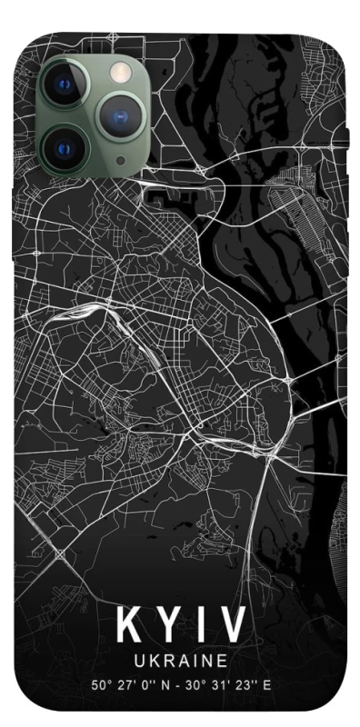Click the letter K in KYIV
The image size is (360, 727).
pyautogui.click(x=128, y=624)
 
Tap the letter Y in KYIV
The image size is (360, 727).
pyautogui.click(x=166, y=624)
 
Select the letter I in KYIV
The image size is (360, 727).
pyautogui.click(x=198, y=624)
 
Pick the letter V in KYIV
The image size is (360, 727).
pyautogui.click(x=231, y=624)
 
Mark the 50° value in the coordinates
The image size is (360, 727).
pyautogui.click(x=100, y=682)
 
